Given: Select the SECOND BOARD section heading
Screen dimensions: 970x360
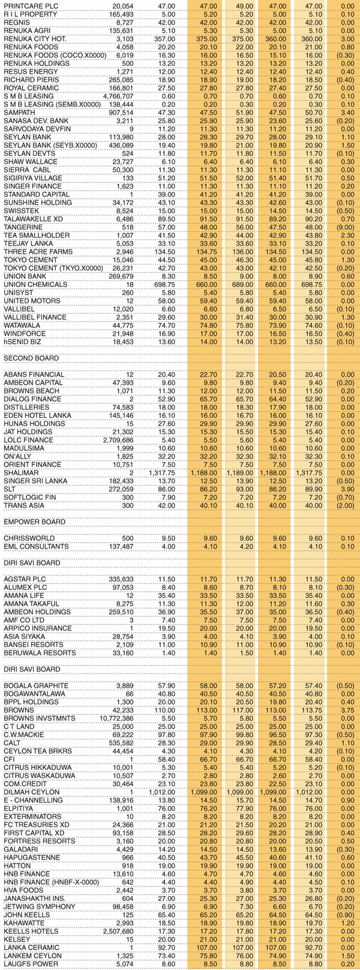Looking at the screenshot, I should click(31, 358).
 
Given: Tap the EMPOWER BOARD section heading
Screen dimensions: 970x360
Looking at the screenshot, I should click(34, 522).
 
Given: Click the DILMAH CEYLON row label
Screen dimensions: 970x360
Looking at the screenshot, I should click(32, 792).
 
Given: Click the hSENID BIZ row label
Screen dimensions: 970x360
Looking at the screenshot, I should click(23, 342).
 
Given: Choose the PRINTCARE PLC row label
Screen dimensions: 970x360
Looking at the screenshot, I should click(27, 5).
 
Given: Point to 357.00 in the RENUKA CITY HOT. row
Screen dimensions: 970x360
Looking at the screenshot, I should click(165, 38).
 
